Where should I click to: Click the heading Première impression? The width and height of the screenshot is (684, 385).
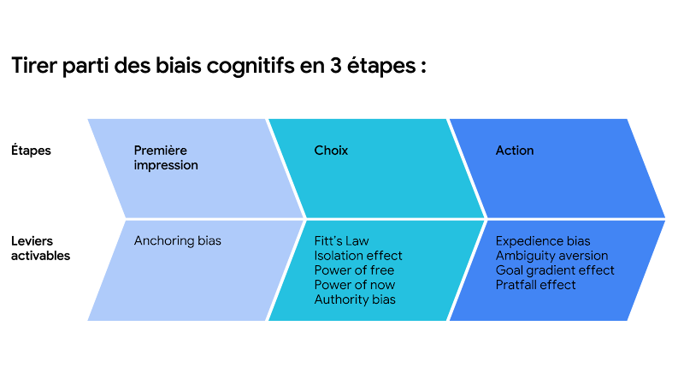click(x=166, y=157)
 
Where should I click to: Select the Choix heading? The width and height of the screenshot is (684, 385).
click(x=331, y=151)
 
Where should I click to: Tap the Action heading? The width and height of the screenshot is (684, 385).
click(x=514, y=151)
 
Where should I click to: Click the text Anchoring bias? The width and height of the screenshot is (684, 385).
click(x=177, y=241)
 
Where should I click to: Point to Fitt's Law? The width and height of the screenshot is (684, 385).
click(x=341, y=241)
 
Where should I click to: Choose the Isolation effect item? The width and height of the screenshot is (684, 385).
click(x=357, y=256)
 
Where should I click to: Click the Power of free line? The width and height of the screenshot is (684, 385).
click(x=354, y=270)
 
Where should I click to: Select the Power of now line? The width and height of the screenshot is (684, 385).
click(x=354, y=285)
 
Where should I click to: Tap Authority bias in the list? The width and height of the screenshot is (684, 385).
click(x=354, y=299)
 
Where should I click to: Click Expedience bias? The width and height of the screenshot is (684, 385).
click(x=542, y=241)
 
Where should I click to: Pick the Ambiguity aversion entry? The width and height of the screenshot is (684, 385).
click(x=551, y=256)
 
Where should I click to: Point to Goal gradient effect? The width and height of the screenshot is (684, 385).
click(x=554, y=270)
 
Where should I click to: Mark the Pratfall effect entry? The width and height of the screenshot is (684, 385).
click(x=535, y=285)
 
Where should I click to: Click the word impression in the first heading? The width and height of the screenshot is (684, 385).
click(x=166, y=165)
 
